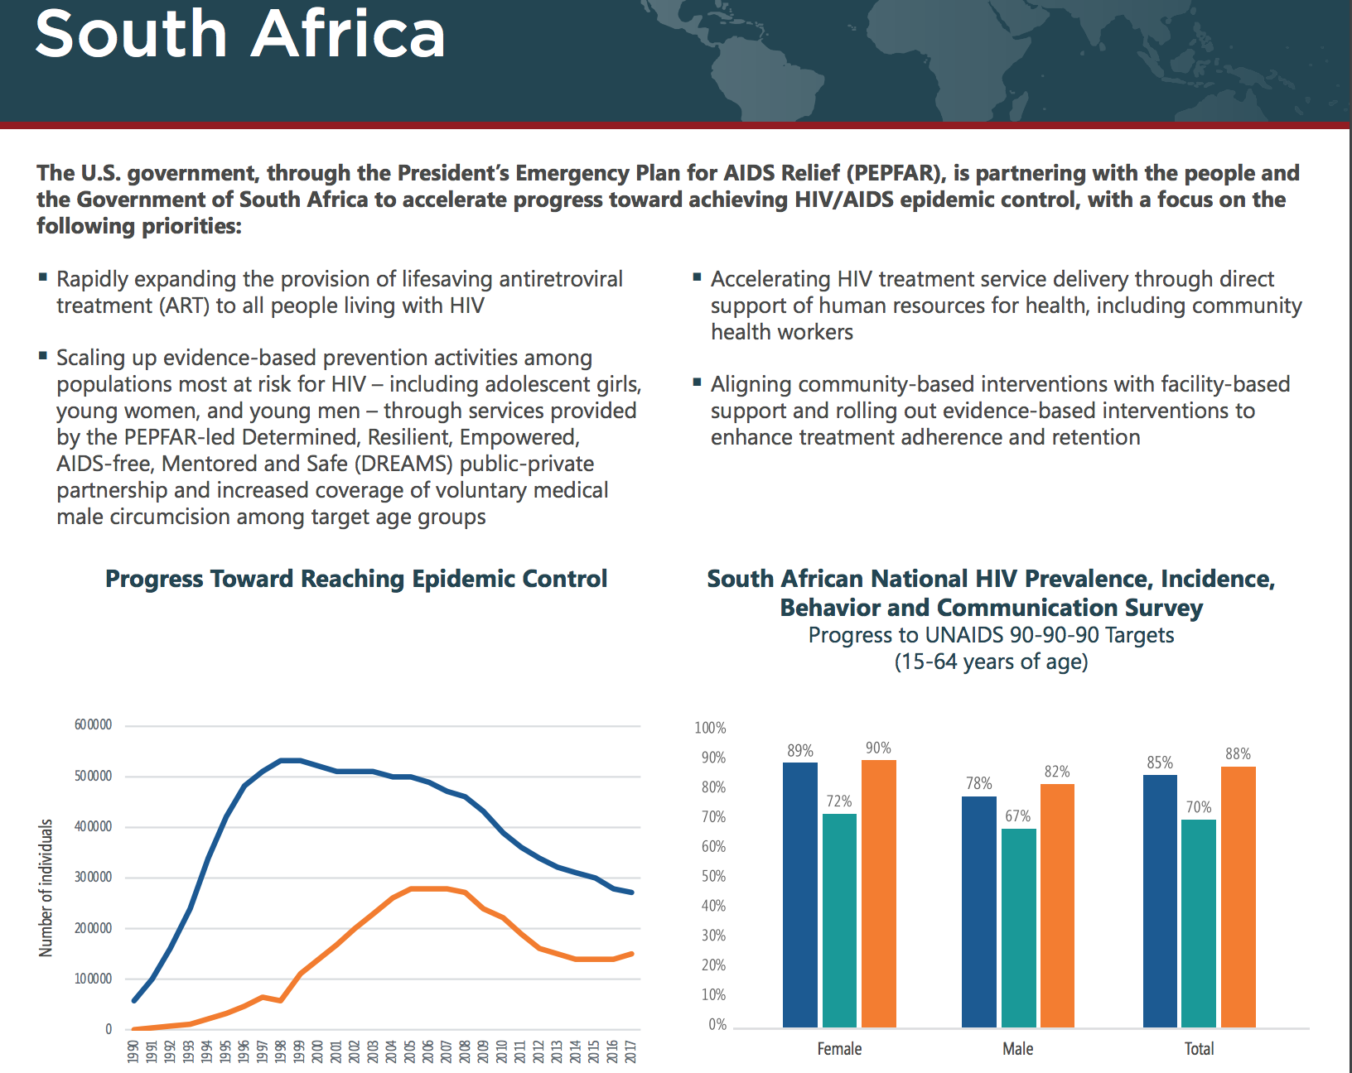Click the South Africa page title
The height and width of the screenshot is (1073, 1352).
(240, 34)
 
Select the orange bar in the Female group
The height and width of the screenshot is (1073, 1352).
(878, 893)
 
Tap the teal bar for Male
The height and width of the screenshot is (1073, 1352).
(1018, 928)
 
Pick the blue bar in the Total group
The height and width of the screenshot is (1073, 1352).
(1160, 901)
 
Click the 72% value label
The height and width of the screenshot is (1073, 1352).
(839, 801)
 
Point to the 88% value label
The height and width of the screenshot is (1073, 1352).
(1238, 753)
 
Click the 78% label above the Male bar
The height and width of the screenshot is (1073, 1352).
(979, 783)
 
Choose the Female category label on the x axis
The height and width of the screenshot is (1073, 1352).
(839, 1048)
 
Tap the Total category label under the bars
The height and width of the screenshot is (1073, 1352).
(1199, 1048)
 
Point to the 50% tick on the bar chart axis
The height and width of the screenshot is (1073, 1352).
(713, 876)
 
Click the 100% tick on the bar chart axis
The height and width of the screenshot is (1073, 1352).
(710, 728)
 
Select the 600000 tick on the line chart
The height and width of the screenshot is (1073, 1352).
(93, 724)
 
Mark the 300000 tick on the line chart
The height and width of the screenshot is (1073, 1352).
(93, 877)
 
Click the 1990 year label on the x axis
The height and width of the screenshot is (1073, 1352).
(133, 1051)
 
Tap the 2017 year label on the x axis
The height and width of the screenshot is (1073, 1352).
(630, 1051)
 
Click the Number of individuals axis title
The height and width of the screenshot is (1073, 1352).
(46, 888)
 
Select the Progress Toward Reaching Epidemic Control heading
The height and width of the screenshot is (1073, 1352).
(356, 579)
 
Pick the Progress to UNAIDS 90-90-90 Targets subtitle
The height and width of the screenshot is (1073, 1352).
(991, 635)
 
